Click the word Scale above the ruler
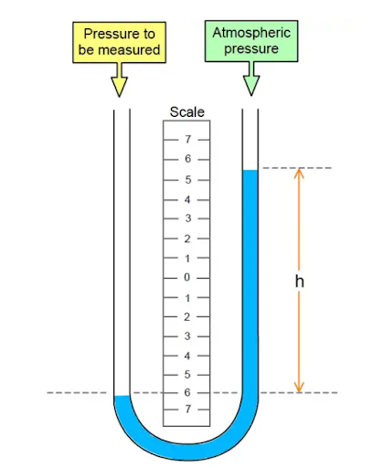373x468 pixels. [x=186, y=112]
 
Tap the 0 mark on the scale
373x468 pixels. [x=186, y=277]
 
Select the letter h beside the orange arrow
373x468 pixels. [x=300, y=282]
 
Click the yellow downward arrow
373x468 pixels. [x=119, y=80]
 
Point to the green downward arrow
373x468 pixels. [x=251, y=79]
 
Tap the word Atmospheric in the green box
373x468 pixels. [x=251, y=33]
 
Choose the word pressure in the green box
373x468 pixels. [x=251, y=49]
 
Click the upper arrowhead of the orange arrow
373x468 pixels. [x=299, y=173]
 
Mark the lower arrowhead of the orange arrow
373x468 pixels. [x=299, y=388]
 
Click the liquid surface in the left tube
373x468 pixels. [x=122, y=396]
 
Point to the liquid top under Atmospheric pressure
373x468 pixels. [x=250, y=170]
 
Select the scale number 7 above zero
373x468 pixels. [x=188, y=139]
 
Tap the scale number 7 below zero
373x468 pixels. [x=188, y=409]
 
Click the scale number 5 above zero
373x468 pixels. [x=188, y=180]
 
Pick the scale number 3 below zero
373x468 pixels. [x=187, y=336]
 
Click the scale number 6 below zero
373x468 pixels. [x=187, y=392]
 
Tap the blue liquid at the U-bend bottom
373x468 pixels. [x=186, y=452]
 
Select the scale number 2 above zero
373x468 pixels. [x=187, y=239]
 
